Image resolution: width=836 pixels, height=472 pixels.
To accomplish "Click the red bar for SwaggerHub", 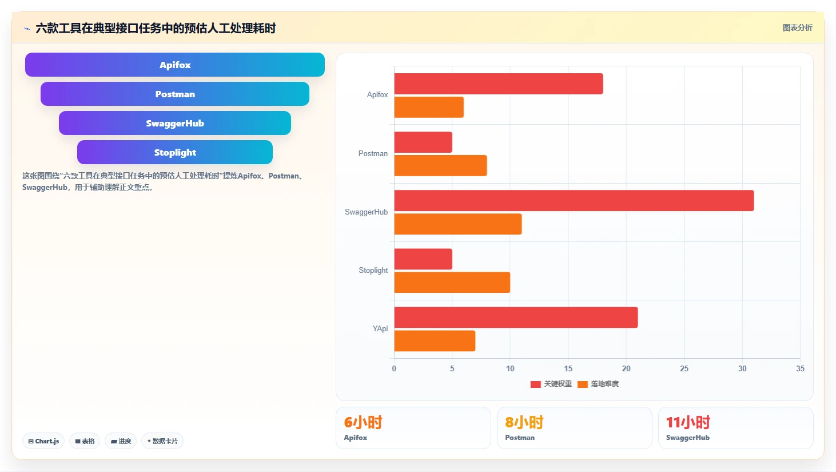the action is (x=574, y=200).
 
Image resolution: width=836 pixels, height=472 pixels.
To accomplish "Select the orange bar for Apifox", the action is (x=429, y=107).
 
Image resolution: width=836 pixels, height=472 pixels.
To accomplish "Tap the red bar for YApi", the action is (x=516, y=318).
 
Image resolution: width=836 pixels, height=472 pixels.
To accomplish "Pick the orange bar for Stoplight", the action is (x=452, y=282).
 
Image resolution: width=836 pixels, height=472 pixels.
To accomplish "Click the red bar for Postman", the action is (x=423, y=142).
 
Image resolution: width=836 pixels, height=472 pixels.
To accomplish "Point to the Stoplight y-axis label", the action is (x=373, y=271).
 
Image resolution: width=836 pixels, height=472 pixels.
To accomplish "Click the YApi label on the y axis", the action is (x=380, y=328).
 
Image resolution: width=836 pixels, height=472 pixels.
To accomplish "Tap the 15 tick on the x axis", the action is (x=568, y=368).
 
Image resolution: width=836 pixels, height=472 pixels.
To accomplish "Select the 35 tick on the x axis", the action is (x=800, y=368).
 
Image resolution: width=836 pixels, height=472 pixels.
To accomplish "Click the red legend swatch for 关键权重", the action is (x=536, y=384).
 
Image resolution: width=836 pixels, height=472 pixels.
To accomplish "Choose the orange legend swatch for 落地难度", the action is (x=583, y=384).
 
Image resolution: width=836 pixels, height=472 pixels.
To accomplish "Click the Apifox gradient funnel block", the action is (x=175, y=65).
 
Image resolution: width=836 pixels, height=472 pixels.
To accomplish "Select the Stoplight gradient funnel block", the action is (x=175, y=152).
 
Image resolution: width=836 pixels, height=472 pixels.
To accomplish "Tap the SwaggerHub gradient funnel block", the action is (x=175, y=123).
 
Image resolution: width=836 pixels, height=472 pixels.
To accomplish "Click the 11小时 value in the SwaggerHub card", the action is (x=688, y=422).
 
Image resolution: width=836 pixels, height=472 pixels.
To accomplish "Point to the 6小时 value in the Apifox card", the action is (x=363, y=422).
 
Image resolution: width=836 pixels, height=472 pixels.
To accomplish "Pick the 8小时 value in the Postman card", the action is (x=524, y=422).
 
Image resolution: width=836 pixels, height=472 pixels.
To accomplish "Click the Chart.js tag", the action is (x=43, y=441).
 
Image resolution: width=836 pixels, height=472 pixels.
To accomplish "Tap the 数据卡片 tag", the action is (x=162, y=441).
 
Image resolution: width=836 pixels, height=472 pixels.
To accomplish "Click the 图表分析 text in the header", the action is (x=797, y=27).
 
